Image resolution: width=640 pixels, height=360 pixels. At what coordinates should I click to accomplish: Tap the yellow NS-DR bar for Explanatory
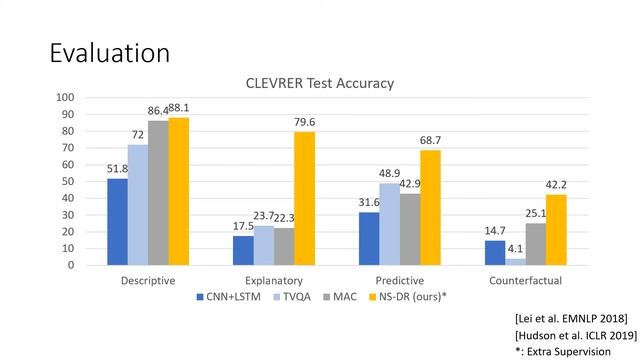[x=304, y=198]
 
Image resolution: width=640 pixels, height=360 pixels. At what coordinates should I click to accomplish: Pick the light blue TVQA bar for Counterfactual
[x=514, y=262]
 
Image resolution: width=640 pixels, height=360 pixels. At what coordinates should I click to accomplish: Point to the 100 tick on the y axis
[x=67, y=98]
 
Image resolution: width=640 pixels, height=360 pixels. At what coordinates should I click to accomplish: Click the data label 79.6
[x=305, y=123]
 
